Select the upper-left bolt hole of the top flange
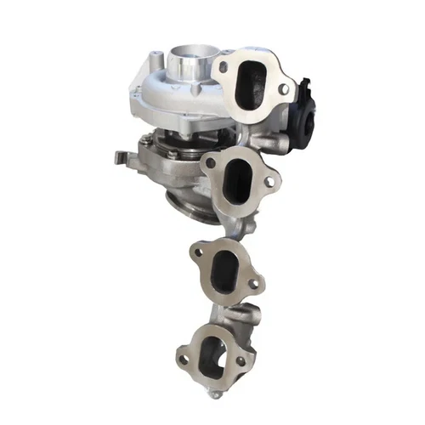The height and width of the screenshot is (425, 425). pyautogui.click(x=224, y=66)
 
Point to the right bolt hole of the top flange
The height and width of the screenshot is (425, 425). pyautogui.click(x=284, y=88)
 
